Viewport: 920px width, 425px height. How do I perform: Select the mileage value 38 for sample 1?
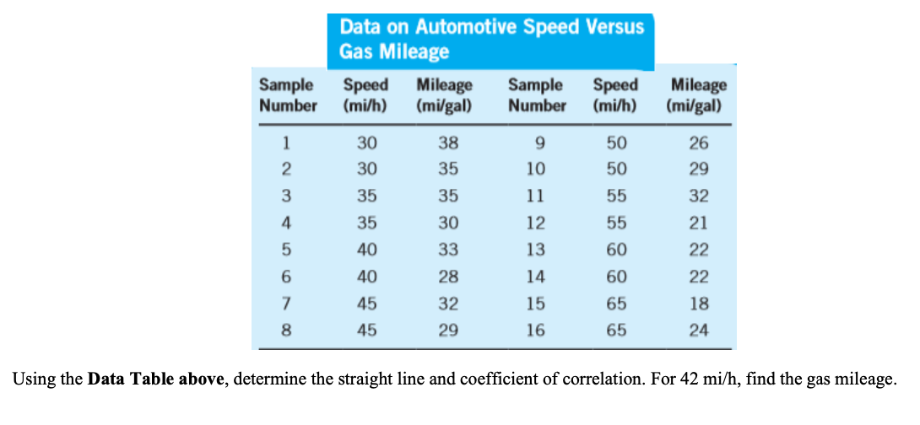(x=448, y=143)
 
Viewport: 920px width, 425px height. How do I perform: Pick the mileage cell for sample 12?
(x=698, y=223)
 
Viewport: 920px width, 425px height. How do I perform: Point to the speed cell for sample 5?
(x=366, y=250)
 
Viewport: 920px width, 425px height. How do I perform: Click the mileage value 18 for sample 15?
(x=698, y=304)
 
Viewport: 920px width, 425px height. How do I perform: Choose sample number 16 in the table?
(x=536, y=331)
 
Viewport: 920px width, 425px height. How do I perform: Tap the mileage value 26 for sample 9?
(x=698, y=143)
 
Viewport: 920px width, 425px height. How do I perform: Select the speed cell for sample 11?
(x=616, y=196)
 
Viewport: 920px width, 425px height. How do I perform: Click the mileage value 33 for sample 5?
(x=448, y=250)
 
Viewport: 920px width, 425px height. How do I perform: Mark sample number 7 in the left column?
(x=286, y=304)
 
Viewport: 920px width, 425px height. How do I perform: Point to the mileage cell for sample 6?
(x=448, y=277)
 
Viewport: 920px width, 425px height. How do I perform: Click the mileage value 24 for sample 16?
(x=698, y=331)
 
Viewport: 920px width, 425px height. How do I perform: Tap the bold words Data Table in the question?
(x=156, y=379)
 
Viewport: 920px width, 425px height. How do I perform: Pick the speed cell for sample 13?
(x=616, y=250)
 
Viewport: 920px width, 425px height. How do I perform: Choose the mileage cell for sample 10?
(x=698, y=169)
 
